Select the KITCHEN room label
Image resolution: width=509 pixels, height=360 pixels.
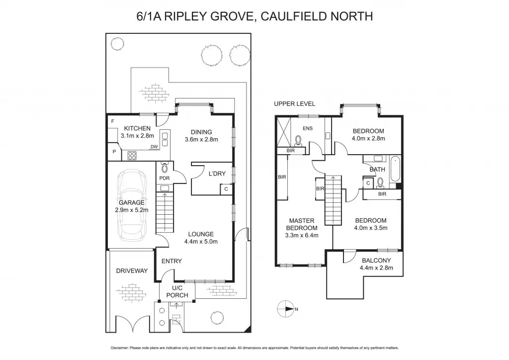(130, 129)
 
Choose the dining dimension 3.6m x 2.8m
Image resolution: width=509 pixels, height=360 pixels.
(201, 140)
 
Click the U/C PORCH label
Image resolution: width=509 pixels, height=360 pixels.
(177, 291)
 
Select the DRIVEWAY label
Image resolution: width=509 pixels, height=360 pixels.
(132, 271)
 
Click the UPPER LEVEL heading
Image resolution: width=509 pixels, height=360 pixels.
(294, 103)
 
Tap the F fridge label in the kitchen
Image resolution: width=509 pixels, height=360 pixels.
(113, 122)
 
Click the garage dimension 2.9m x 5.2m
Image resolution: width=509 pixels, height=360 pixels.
(131, 210)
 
